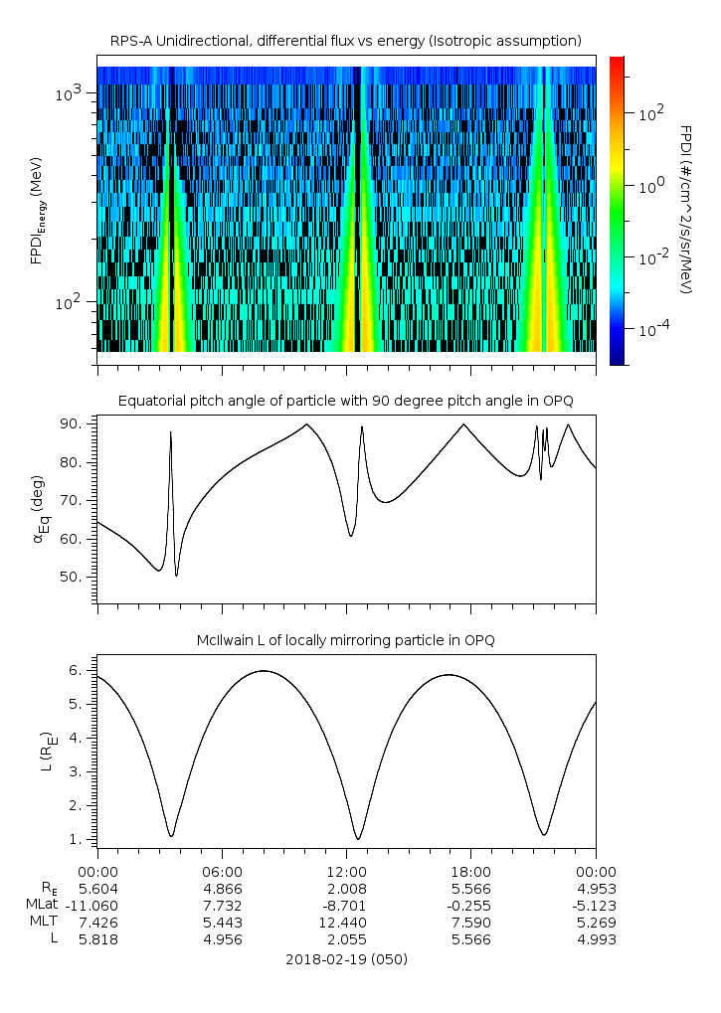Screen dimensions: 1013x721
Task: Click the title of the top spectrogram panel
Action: (x=346, y=41)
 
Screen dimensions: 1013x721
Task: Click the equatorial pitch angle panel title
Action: (x=346, y=401)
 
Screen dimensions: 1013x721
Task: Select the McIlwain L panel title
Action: (x=346, y=640)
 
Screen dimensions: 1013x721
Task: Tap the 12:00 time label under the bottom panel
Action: (x=346, y=870)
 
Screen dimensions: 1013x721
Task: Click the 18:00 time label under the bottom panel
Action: (x=471, y=870)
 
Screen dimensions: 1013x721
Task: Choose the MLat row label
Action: (x=45, y=905)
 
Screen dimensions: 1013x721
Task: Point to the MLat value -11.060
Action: (x=96, y=905)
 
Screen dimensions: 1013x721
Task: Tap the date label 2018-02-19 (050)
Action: (x=346, y=959)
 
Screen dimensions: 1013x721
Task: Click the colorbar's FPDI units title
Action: (x=685, y=209)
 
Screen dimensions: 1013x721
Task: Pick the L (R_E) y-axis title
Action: (x=45, y=752)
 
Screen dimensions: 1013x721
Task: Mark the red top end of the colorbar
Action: (x=617, y=62)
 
